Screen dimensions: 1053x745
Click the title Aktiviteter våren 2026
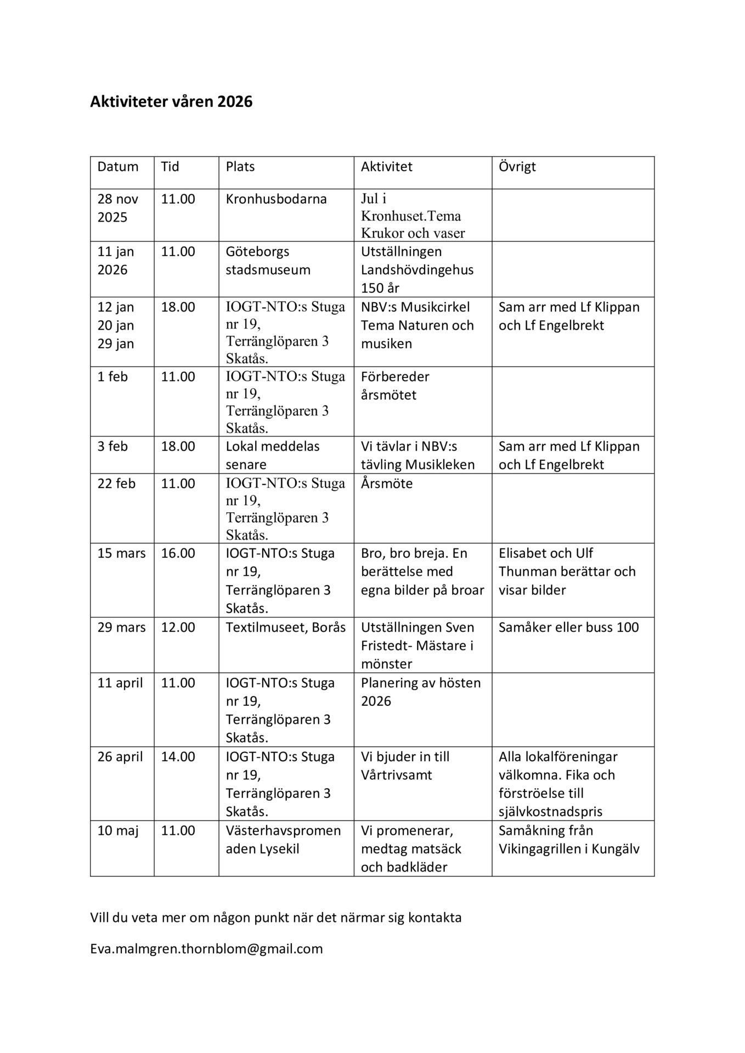coord(171,102)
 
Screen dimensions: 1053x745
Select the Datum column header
coord(118,167)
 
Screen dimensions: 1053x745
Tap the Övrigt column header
coord(517,167)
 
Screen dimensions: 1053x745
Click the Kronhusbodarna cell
coord(276,199)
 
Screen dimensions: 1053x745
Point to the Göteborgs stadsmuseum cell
coord(268,261)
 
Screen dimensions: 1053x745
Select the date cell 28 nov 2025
coord(117,208)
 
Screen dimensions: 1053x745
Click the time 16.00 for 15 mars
coord(178,553)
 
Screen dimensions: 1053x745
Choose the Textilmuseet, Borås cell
coord(285,627)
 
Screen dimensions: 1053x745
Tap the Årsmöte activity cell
coord(387,484)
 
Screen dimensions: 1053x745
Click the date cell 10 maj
coord(117,830)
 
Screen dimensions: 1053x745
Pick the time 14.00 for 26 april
coord(178,757)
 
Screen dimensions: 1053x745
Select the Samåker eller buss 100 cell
coord(568,627)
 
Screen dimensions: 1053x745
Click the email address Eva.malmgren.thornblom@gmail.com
coord(206,949)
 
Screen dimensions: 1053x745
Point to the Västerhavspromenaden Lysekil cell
coord(283,840)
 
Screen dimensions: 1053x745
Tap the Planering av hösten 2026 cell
coord(420,692)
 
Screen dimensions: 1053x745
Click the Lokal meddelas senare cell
coord(272,455)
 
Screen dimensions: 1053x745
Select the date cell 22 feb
coord(116,484)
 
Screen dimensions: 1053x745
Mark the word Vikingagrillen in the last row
coord(545,849)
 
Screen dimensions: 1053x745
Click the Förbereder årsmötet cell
coord(395,386)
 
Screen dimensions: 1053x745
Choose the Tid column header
coord(170,167)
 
